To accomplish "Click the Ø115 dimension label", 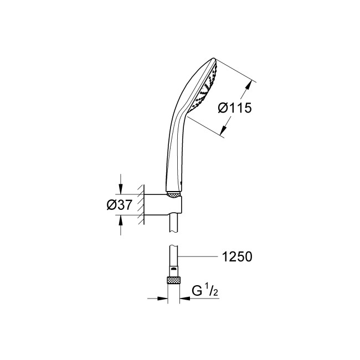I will point(235,109).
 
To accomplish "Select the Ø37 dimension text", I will point(119,204).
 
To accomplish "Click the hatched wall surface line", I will point(142,204).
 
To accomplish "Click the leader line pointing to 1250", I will point(205,256).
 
